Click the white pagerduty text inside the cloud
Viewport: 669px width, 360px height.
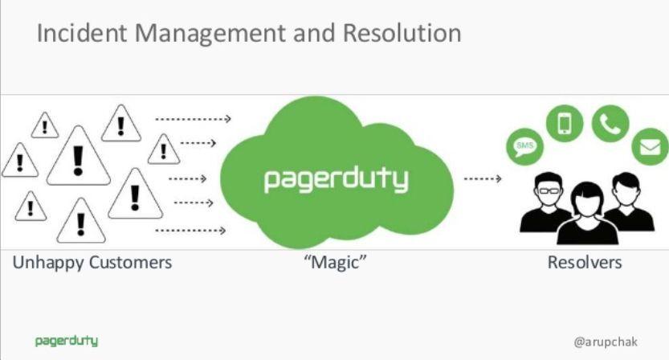click(336, 178)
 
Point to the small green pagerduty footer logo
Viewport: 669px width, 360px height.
click(67, 341)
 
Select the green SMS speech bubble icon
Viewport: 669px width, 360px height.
click(524, 146)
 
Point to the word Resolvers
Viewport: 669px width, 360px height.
click(585, 263)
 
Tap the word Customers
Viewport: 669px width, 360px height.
click(130, 263)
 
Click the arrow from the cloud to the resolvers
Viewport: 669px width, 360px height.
click(483, 178)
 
